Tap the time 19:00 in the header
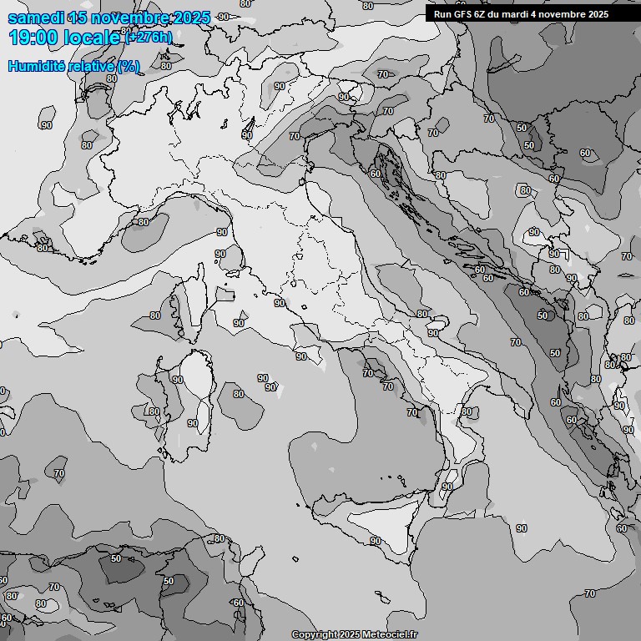coord(32,37)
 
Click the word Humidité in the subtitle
coord(38,66)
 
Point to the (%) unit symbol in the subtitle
coord(129,66)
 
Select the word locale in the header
coord(87,37)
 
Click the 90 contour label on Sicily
coord(376,541)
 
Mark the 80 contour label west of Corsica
coord(155,315)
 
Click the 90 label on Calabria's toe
coord(447,487)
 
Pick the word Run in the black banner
coord(443,14)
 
